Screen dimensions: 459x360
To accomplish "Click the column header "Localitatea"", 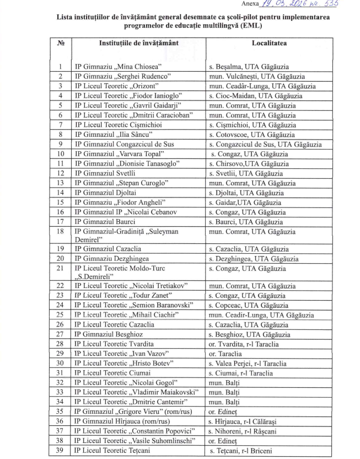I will click(270, 42).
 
